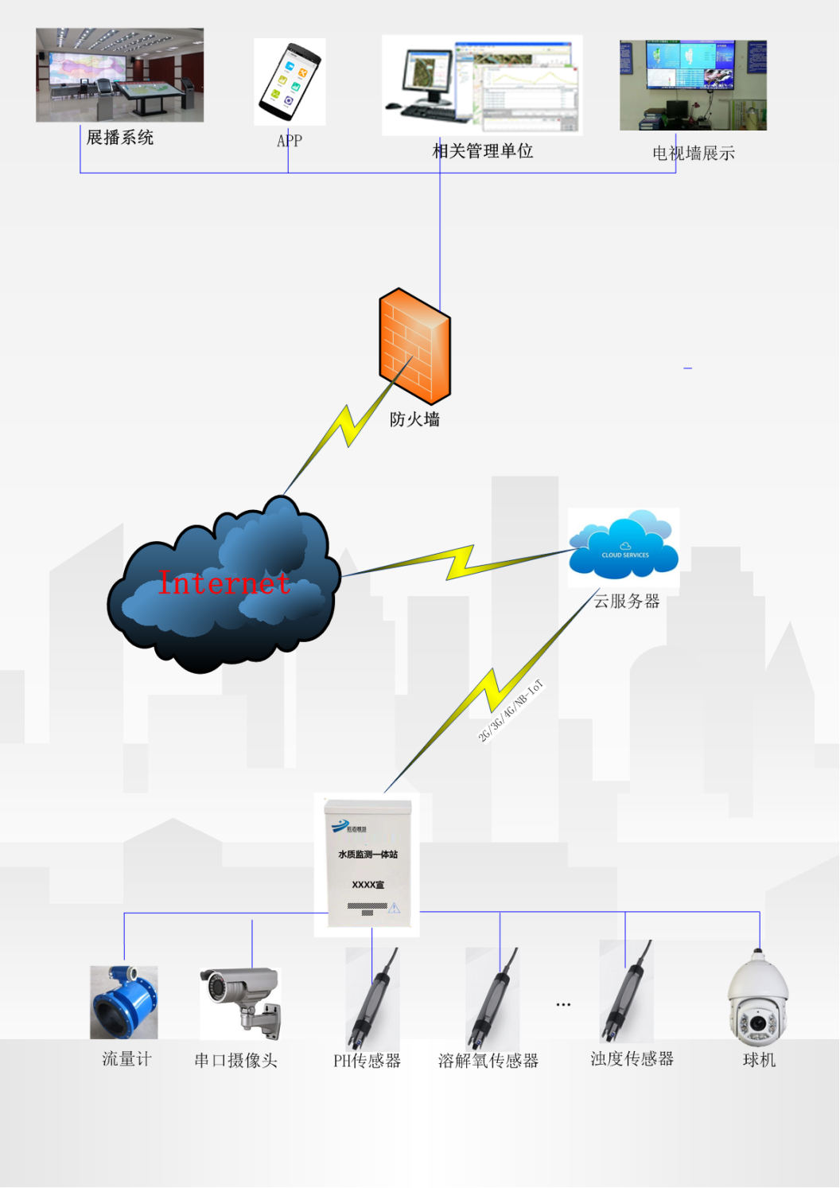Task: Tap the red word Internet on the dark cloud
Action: point(224,583)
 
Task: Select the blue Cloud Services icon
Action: point(624,547)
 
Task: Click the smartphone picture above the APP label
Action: point(290,81)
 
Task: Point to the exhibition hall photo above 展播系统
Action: point(120,75)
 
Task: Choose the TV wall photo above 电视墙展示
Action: point(693,85)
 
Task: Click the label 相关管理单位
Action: point(482,151)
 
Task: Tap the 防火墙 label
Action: point(414,419)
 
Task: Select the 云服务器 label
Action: point(627,602)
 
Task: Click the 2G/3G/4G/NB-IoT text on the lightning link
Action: point(510,711)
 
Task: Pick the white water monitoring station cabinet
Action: point(367,864)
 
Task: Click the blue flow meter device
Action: point(124,1002)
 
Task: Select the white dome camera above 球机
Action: point(758,999)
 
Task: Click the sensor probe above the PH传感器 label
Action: point(371,999)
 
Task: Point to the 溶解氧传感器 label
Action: point(488,1061)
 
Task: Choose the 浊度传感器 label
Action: point(632,1059)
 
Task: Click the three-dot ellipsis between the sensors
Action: point(563,1005)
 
